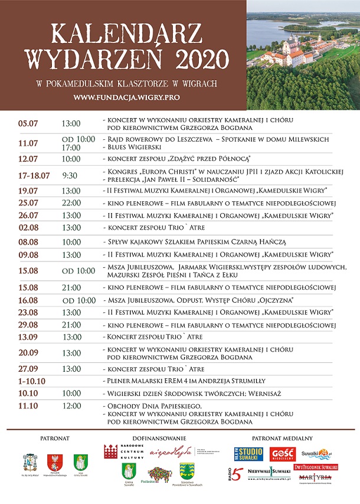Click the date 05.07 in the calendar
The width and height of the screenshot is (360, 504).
[28, 123]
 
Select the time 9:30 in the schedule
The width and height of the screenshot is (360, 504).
[69, 175]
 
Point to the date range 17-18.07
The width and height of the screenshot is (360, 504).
[34, 175]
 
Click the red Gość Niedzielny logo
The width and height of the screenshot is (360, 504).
[282, 454]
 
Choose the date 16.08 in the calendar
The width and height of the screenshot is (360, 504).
[28, 300]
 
